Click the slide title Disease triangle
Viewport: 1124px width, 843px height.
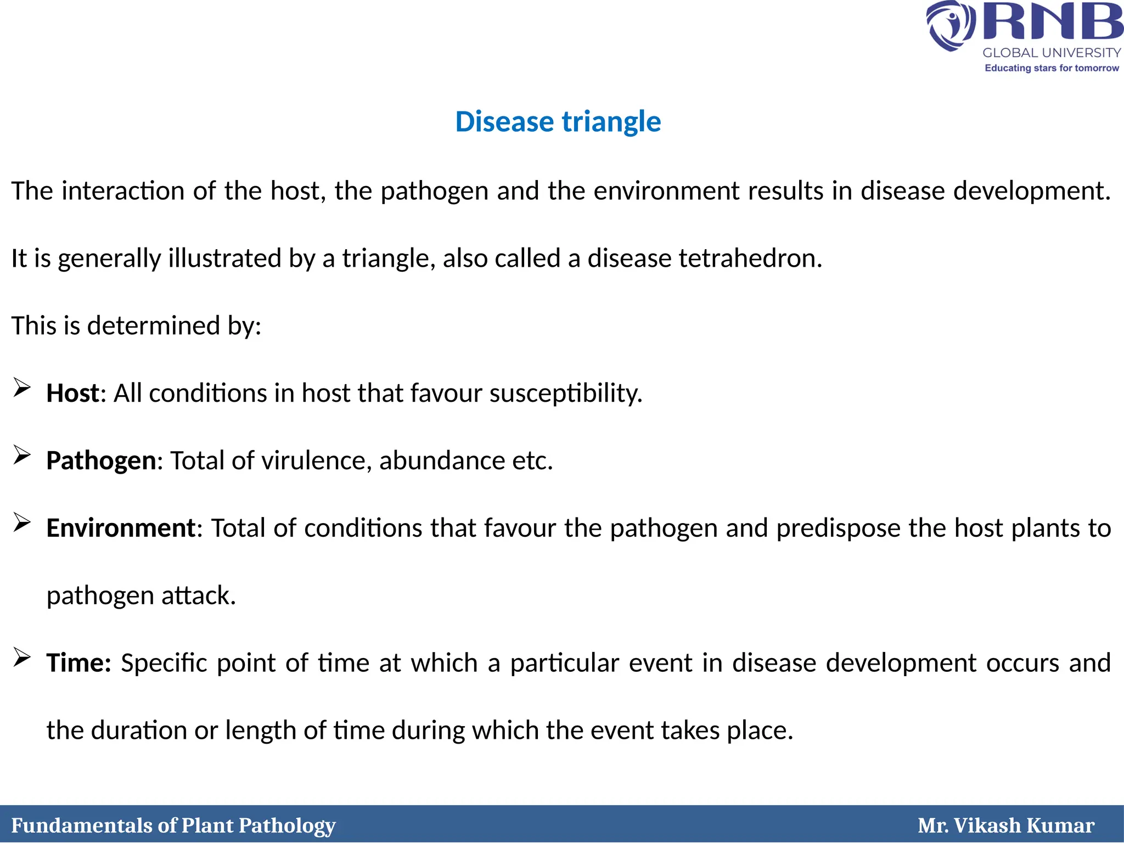[558, 121]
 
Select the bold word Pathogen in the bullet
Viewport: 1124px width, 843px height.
[101, 460]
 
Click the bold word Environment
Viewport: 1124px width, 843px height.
[121, 528]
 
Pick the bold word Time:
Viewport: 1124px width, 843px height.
[79, 663]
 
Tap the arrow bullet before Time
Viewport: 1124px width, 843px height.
[22, 657]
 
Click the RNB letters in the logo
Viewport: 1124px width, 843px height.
[1052, 22]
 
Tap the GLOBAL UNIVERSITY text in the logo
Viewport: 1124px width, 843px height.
[1052, 53]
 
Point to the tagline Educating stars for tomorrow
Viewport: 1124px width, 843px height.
[1052, 68]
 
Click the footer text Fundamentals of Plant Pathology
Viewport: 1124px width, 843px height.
[173, 825]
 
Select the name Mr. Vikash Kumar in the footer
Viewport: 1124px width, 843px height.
[1006, 825]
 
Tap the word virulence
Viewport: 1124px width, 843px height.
[314, 460]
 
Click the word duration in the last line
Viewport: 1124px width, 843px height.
[139, 730]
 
